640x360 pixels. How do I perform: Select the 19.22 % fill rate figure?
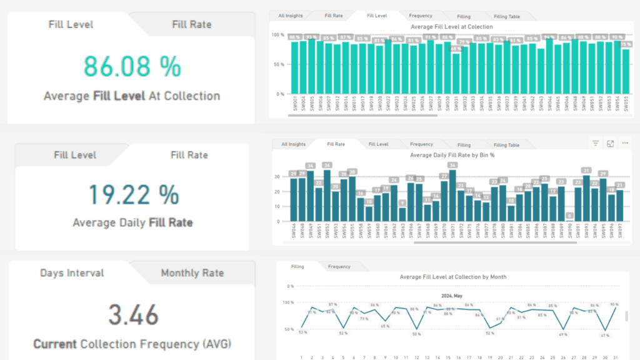click(133, 195)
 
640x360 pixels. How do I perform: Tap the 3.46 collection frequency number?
click(133, 315)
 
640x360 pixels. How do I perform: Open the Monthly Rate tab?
click(192, 273)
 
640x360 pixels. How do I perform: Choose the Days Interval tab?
click(72, 273)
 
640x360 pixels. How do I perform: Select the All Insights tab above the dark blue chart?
click(293, 144)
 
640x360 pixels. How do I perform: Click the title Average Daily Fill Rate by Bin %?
click(452, 155)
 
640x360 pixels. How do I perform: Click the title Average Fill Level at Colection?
click(451, 27)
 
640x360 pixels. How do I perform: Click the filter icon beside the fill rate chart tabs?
click(596, 144)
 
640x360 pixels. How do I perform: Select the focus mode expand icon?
click(611, 144)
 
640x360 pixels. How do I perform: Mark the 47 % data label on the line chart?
click(604, 336)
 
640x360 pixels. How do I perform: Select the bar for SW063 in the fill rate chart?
click(402, 214)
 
